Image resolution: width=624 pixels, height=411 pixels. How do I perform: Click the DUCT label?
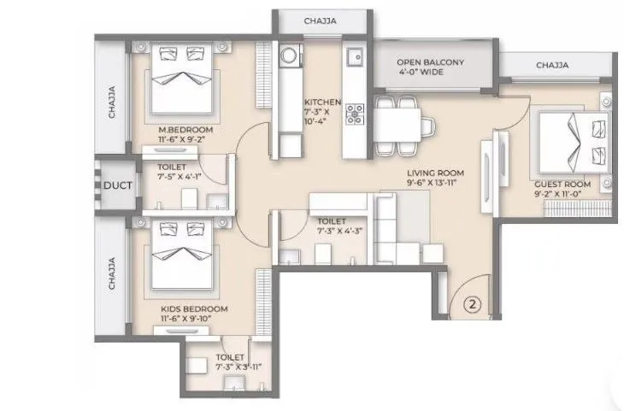pyautogui.click(x=115, y=185)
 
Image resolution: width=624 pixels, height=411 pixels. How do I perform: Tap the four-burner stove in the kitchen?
pyautogui.click(x=355, y=115)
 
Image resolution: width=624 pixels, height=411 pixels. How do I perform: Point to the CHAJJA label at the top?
pyautogui.click(x=322, y=21)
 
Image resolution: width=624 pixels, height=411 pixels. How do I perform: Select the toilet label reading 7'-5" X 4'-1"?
pyautogui.click(x=183, y=173)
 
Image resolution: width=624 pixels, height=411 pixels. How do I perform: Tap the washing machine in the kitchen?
pyautogui.click(x=289, y=56)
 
